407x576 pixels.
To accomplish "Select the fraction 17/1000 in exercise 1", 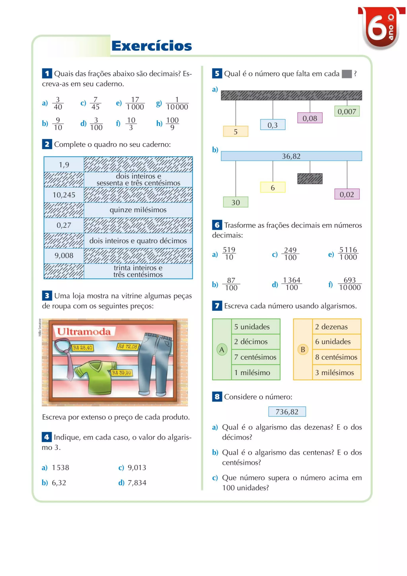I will (x=135, y=103).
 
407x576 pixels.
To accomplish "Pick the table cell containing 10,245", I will (x=64, y=195).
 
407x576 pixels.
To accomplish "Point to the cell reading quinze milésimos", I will (x=138, y=210).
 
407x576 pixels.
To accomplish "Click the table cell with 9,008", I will (x=64, y=256).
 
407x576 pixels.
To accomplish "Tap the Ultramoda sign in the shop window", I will (x=84, y=332).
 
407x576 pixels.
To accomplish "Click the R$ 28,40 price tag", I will (x=82, y=348).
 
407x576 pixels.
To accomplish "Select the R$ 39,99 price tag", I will (x=122, y=373).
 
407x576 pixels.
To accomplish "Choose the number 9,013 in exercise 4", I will (x=137, y=468).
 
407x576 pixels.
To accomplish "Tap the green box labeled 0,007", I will (x=347, y=111).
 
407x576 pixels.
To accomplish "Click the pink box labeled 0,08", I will (x=310, y=118).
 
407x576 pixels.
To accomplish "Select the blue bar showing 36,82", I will (x=291, y=156).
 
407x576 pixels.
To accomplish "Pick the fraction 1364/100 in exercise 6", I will (x=292, y=284).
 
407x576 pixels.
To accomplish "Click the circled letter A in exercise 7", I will (x=222, y=349).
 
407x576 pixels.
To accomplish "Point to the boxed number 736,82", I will (x=287, y=412).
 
